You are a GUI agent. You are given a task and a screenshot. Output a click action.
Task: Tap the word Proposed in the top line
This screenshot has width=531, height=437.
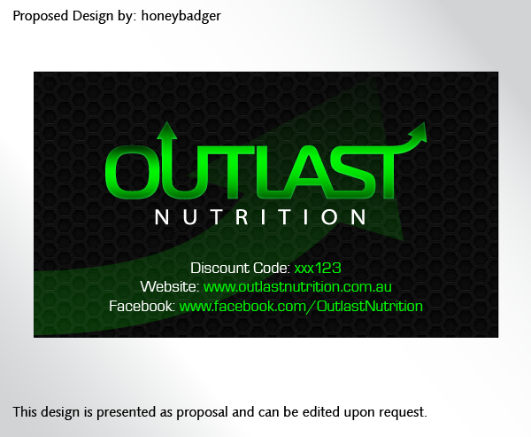click(x=41, y=16)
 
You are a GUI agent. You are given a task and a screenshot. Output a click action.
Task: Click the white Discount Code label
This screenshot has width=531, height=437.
click(x=240, y=268)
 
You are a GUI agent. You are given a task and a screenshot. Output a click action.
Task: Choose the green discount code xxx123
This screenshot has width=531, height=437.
click(x=318, y=268)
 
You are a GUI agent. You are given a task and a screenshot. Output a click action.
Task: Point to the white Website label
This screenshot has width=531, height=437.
click(x=169, y=287)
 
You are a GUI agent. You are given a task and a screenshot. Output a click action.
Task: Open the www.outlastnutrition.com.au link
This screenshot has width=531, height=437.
click(x=297, y=287)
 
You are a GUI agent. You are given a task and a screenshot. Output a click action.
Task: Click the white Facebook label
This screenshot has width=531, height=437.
click(x=142, y=307)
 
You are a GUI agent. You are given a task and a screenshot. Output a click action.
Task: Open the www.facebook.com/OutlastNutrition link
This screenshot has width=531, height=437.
click(x=301, y=307)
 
